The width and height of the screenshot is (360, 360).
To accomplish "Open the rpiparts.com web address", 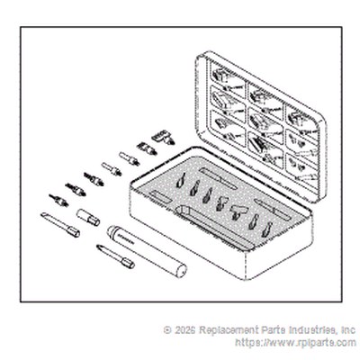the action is (295, 342).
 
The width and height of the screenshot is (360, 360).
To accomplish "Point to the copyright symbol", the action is (167, 330).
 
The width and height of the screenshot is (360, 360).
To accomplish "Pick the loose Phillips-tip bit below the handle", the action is (115, 256).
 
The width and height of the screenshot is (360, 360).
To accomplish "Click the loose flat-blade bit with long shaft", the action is (60, 225).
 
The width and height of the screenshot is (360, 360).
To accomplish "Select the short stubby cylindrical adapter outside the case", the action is (88, 218).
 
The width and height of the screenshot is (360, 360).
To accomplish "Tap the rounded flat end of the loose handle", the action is (181, 271).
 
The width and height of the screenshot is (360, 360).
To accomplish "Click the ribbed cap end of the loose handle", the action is (112, 231).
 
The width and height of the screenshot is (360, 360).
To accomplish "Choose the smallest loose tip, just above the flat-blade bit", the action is (58, 201).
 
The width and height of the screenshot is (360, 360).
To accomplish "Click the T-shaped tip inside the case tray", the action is (238, 211).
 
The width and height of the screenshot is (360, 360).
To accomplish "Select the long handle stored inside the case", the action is (213, 228).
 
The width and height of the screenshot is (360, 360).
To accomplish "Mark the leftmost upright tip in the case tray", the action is (181, 180).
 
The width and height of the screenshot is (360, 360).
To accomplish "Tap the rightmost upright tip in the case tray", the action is (267, 230).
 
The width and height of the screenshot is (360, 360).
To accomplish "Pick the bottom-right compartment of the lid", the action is (301, 168).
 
